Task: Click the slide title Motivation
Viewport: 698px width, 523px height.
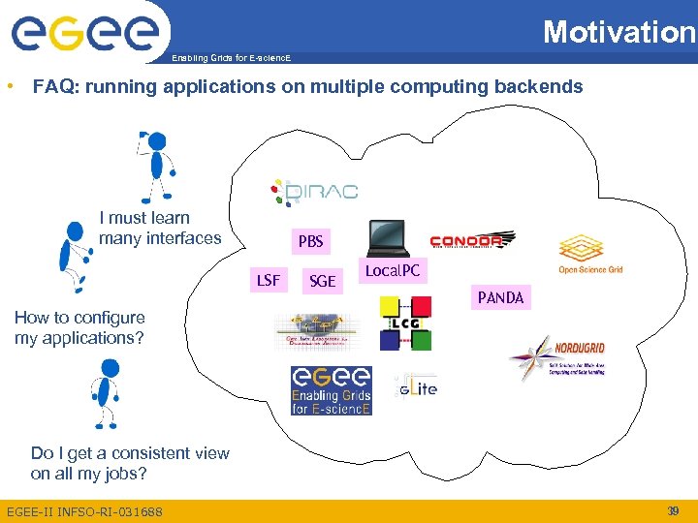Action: point(619,32)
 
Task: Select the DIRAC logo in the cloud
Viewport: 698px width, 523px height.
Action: point(314,191)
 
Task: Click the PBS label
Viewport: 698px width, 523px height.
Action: point(311,241)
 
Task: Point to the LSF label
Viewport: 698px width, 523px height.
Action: point(269,281)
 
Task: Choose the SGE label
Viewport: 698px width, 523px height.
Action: point(322,282)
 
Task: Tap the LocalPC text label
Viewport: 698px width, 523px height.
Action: point(392,271)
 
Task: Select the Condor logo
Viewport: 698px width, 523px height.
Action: point(472,240)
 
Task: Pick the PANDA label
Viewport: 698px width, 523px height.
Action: point(500,298)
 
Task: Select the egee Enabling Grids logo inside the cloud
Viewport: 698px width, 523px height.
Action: point(332,390)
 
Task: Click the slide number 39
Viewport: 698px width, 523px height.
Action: point(673,510)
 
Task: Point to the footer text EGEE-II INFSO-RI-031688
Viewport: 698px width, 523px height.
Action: point(84,511)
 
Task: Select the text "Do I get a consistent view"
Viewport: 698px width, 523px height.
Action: point(130,453)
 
